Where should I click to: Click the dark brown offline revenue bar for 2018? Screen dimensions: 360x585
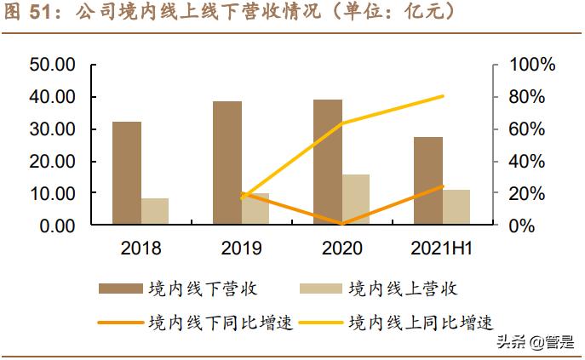(x=127, y=174)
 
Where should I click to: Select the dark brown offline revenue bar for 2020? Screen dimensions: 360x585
(x=328, y=163)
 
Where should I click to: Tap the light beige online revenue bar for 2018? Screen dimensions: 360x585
(x=155, y=212)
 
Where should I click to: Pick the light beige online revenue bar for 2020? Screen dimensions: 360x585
(x=356, y=200)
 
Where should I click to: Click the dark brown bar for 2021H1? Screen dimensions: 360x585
(x=428, y=180)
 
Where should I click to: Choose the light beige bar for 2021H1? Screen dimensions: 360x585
(x=456, y=208)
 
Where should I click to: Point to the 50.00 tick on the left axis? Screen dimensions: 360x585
(x=53, y=65)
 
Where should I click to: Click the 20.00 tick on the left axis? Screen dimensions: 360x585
(x=53, y=162)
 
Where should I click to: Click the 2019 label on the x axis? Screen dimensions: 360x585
(x=241, y=249)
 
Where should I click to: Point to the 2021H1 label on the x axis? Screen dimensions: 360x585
(x=442, y=249)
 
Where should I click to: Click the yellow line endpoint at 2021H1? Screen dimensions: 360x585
(x=444, y=96)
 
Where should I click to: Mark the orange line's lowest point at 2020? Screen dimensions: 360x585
(x=341, y=224)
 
